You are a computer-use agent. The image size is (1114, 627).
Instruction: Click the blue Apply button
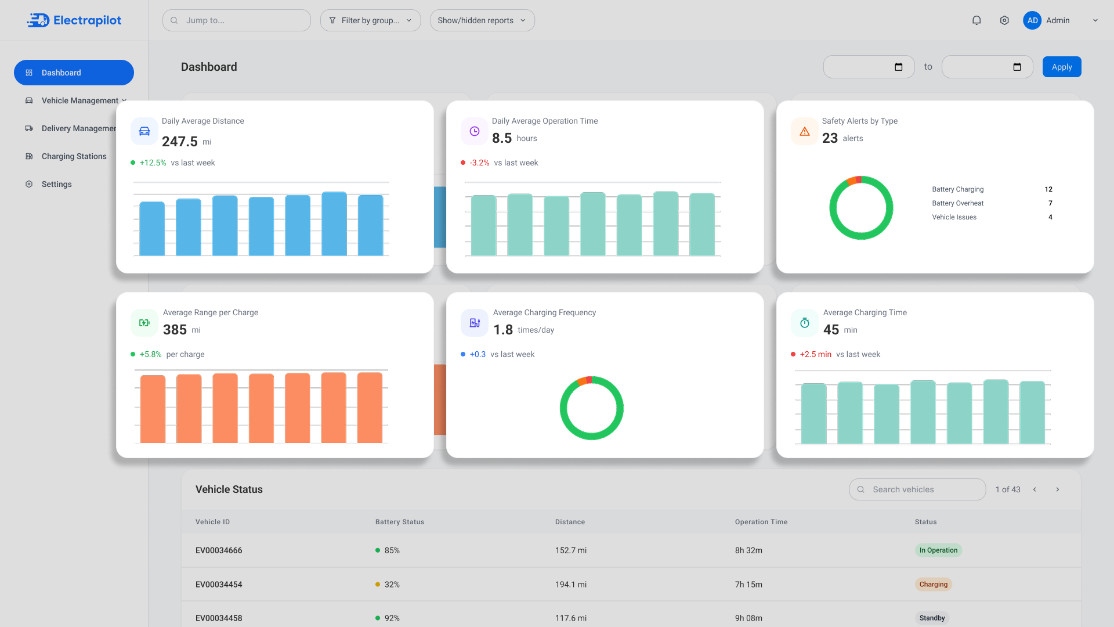[x=1062, y=67]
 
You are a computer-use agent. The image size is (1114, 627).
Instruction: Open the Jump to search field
[x=237, y=20]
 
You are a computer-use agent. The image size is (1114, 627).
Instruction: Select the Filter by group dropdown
[x=370, y=20]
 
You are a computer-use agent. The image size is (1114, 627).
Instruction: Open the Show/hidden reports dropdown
[x=482, y=20]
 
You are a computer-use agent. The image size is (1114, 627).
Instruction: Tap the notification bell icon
[x=976, y=20]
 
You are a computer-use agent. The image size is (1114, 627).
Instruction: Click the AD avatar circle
[x=1032, y=20]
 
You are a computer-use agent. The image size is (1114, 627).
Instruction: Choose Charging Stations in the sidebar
[x=74, y=156]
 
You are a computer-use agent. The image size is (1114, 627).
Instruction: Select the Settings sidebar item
[x=56, y=184]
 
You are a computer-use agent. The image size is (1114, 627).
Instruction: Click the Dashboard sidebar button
[x=74, y=73]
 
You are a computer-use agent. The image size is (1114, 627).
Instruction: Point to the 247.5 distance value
[x=180, y=142]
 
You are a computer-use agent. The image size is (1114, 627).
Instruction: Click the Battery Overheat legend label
[x=958, y=203]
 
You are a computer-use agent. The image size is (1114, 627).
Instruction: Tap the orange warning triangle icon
[x=805, y=131]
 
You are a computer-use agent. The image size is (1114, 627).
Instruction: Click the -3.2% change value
[x=479, y=163]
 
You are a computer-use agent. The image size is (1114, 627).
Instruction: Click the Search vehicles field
[x=917, y=489]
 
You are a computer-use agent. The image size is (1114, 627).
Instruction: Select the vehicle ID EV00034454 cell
[x=219, y=584]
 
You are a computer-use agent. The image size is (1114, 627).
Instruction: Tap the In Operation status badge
[x=938, y=550]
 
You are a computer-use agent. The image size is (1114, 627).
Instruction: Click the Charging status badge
[x=933, y=584]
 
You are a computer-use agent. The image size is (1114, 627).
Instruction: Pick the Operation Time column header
[x=761, y=522]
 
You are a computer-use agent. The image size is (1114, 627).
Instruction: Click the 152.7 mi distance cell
[x=571, y=550]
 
